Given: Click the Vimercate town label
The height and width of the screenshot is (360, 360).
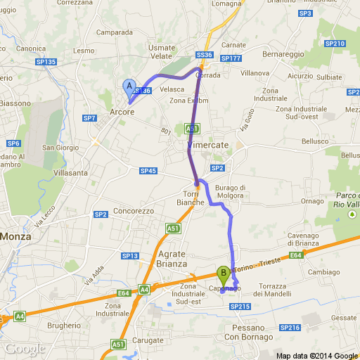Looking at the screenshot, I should (x=209, y=144).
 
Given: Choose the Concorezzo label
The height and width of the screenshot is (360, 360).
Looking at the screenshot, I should (x=134, y=210).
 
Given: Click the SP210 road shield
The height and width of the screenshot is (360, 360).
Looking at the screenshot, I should (x=335, y=44).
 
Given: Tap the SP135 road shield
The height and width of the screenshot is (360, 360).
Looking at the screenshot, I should (x=46, y=62).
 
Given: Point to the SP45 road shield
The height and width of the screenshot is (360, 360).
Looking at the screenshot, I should (x=148, y=171).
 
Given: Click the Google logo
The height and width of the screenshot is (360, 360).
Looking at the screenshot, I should (x=25, y=349).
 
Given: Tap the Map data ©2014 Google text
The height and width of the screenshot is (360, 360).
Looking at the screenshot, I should (x=316, y=354).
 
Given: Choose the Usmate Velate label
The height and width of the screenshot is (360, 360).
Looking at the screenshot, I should (x=162, y=51).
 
